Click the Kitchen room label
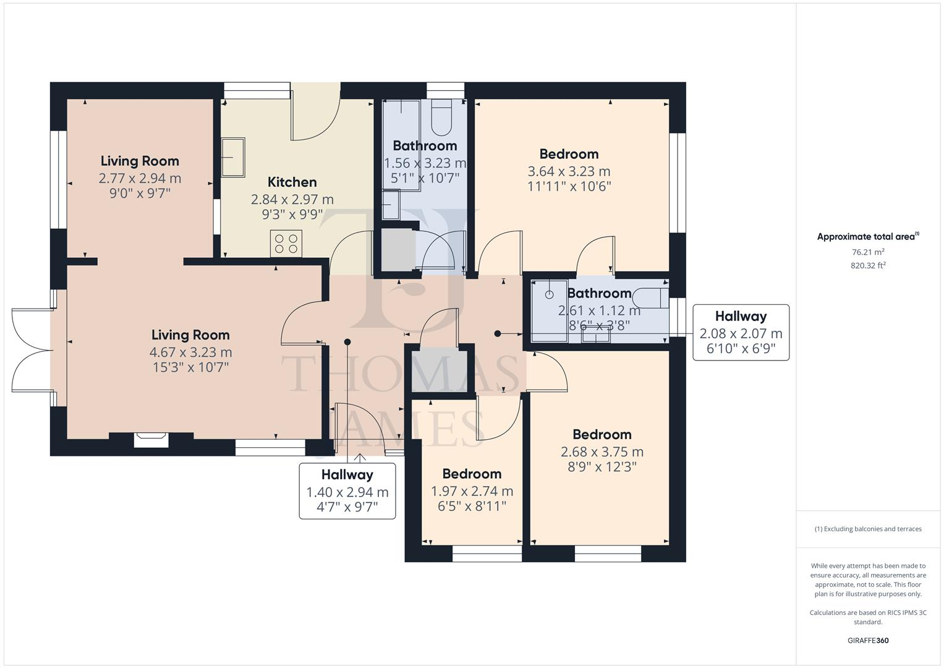292,182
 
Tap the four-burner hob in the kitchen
286,243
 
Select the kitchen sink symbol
232,157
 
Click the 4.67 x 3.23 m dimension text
190,352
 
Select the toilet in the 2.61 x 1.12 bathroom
654,298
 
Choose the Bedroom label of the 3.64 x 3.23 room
569,154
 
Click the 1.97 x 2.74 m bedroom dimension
472,491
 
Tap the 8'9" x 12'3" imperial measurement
602,467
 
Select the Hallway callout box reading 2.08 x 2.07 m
741,333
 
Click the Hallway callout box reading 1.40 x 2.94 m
347,491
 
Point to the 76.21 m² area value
868,252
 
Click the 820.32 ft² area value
868,265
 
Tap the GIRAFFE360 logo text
868,640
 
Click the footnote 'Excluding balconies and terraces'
868,529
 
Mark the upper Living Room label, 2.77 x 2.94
140,161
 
